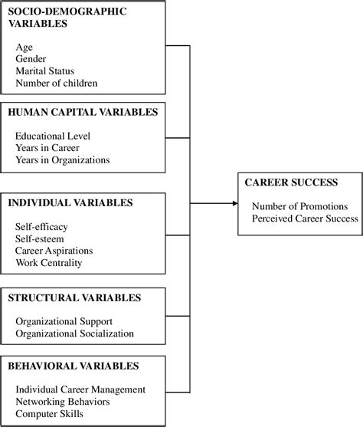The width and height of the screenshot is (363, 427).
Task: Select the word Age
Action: pyautogui.click(x=24, y=47)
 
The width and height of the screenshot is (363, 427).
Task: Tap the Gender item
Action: pyautogui.click(x=31, y=59)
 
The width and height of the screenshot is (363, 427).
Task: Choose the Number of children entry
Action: pyautogui.click(x=56, y=83)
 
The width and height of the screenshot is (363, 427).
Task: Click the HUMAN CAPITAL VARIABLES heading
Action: pyautogui.click(x=83, y=112)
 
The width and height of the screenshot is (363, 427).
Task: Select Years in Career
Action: pyautogui.click(x=47, y=147)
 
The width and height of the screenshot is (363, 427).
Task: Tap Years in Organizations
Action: pyautogui.click(x=62, y=159)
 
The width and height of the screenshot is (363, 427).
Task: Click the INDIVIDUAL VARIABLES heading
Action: pyautogui.click(x=70, y=203)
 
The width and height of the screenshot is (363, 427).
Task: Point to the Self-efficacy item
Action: pyautogui.click(x=41, y=227)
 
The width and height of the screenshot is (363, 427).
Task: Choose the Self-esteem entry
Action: pyautogui.click(x=40, y=239)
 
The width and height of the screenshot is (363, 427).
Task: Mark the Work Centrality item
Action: pyautogui.click(x=47, y=263)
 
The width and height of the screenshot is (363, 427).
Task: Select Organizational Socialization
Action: pyautogui.click(x=74, y=333)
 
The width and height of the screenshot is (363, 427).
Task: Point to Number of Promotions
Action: pyautogui.click(x=299, y=206)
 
